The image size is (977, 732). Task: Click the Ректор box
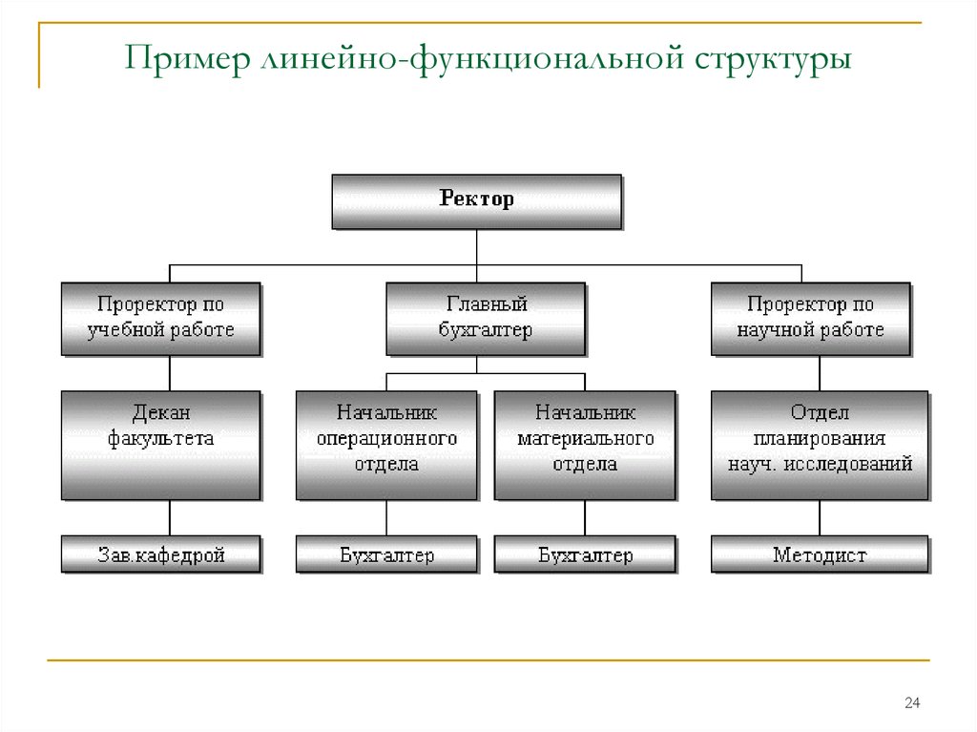[x=477, y=201]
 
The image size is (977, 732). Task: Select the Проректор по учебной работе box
[x=161, y=320]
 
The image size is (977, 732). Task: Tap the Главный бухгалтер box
[x=486, y=320]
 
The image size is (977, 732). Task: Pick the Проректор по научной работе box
[x=811, y=320]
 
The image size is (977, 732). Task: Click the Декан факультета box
[x=161, y=446]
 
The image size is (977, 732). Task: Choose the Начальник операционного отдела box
[x=387, y=446]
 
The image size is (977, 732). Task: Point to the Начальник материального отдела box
[x=585, y=446]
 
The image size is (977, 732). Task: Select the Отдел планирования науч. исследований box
[x=820, y=446]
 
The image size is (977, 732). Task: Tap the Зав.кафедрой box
[x=161, y=554]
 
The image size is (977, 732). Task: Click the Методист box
[x=820, y=554]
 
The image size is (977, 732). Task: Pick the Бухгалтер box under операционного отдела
[x=387, y=554]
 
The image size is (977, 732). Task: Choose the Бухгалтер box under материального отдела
[x=585, y=554]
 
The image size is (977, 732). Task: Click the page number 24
[x=912, y=702]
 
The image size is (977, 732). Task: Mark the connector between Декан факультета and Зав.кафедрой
[x=170, y=518]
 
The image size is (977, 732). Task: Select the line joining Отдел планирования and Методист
[x=820, y=518]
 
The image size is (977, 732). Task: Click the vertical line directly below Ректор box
[x=477, y=247]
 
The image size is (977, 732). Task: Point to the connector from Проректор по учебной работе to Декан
[x=170, y=373]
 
